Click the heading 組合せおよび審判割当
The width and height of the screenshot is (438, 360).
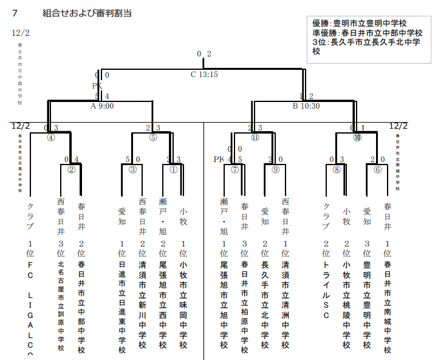click(x=88, y=13)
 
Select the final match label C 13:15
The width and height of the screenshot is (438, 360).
click(x=204, y=75)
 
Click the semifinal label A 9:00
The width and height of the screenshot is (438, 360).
click(x=101, y=105)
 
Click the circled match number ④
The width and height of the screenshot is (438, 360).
click(x=51, y=137)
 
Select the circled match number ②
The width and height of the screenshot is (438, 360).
click(x=71, y=169)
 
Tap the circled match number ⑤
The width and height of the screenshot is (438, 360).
click(x=153, y=137)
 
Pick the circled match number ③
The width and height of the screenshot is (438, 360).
click(x=132, y=169)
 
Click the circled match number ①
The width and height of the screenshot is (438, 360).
click(x=174, y=169)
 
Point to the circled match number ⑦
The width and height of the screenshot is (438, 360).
click(x=234, y=169)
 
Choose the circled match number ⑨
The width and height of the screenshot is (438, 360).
click(x=275, y=169)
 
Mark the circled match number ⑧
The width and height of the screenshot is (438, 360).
click(x=337, y=169)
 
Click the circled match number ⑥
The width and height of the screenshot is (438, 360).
click(x=377, y=169)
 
